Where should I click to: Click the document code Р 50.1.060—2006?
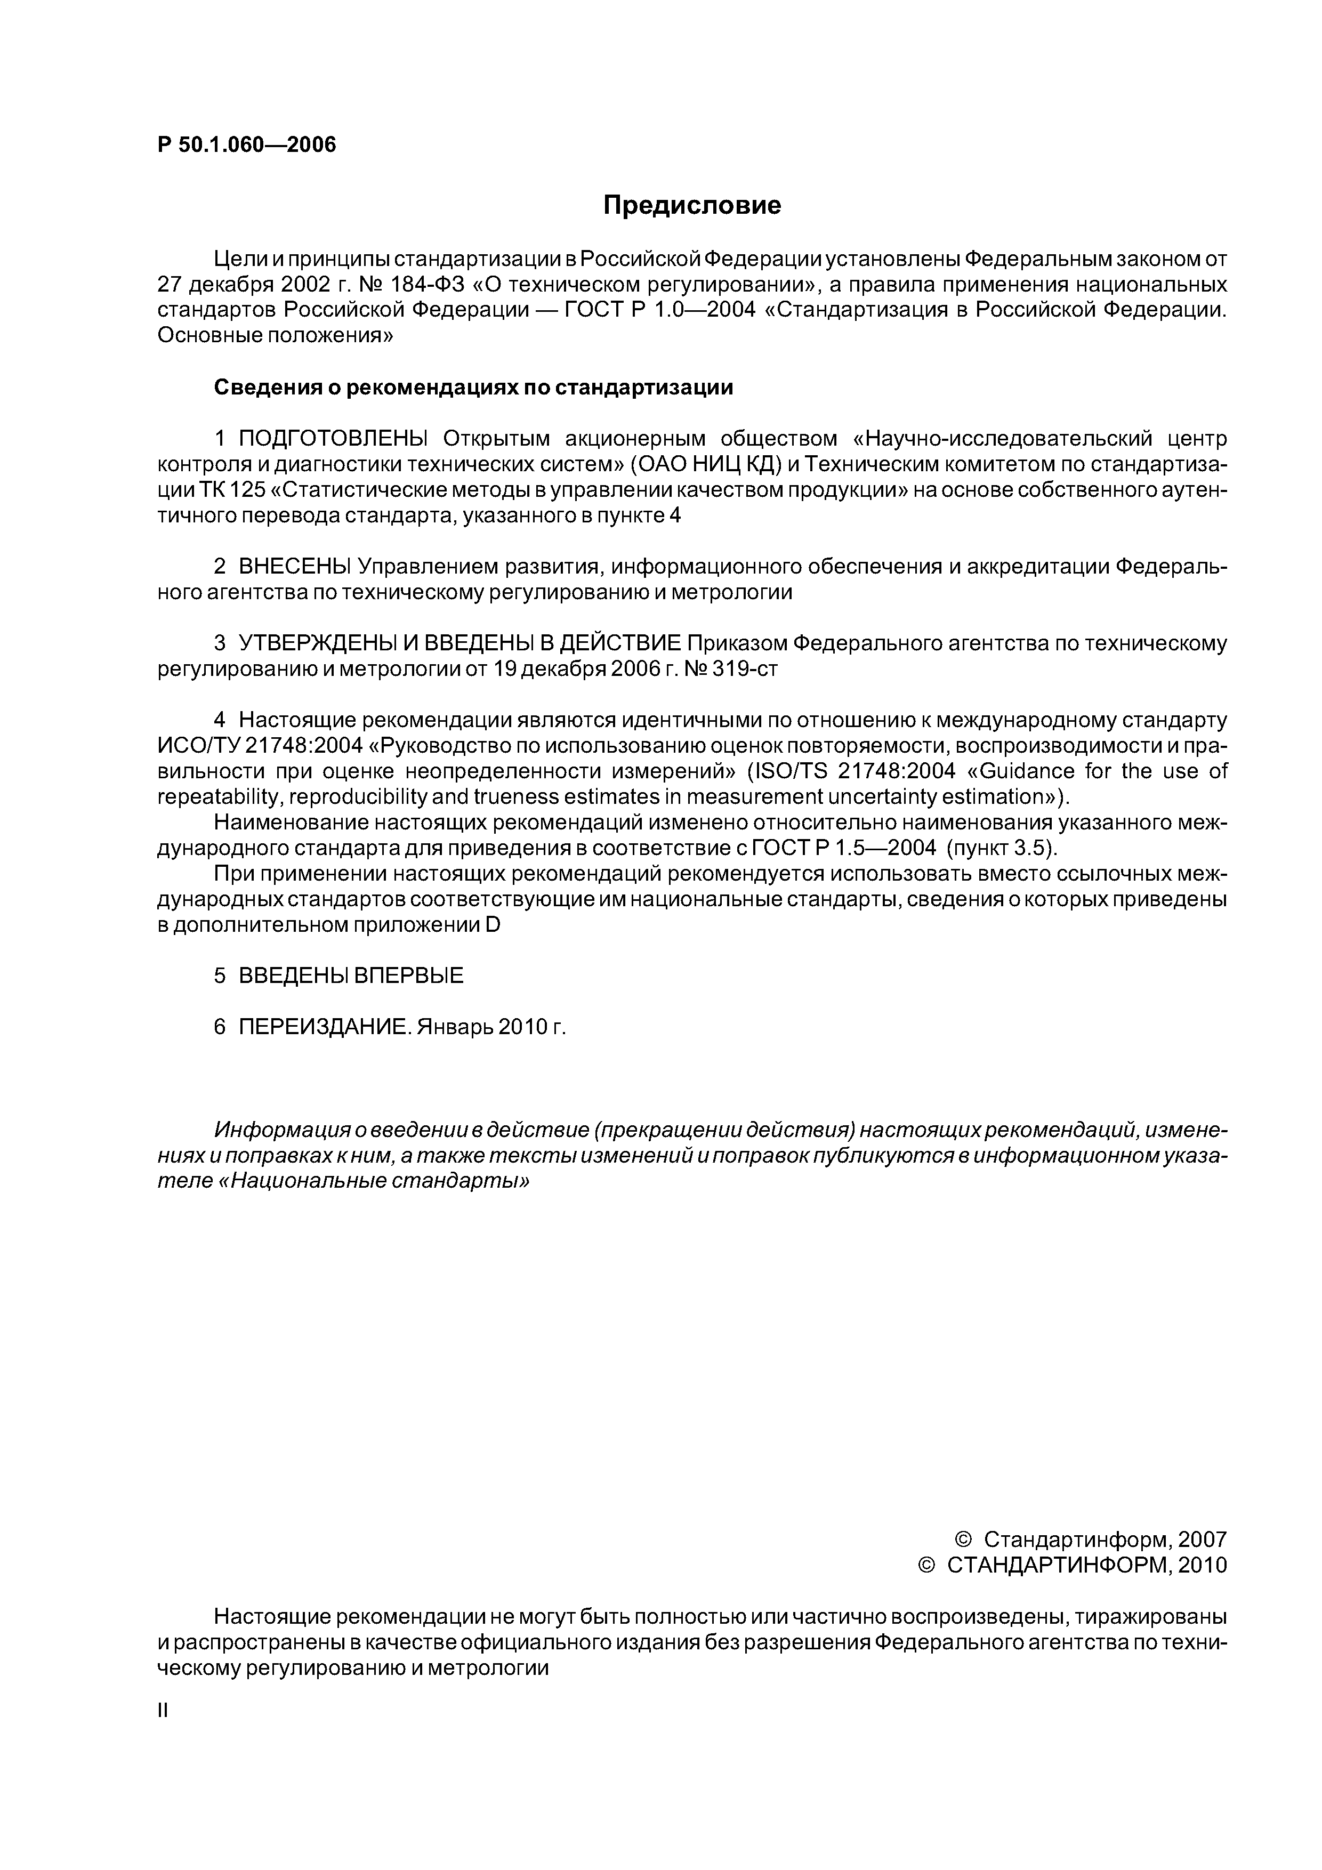point(246,145)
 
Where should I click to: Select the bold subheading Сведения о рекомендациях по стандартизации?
point(473,388)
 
